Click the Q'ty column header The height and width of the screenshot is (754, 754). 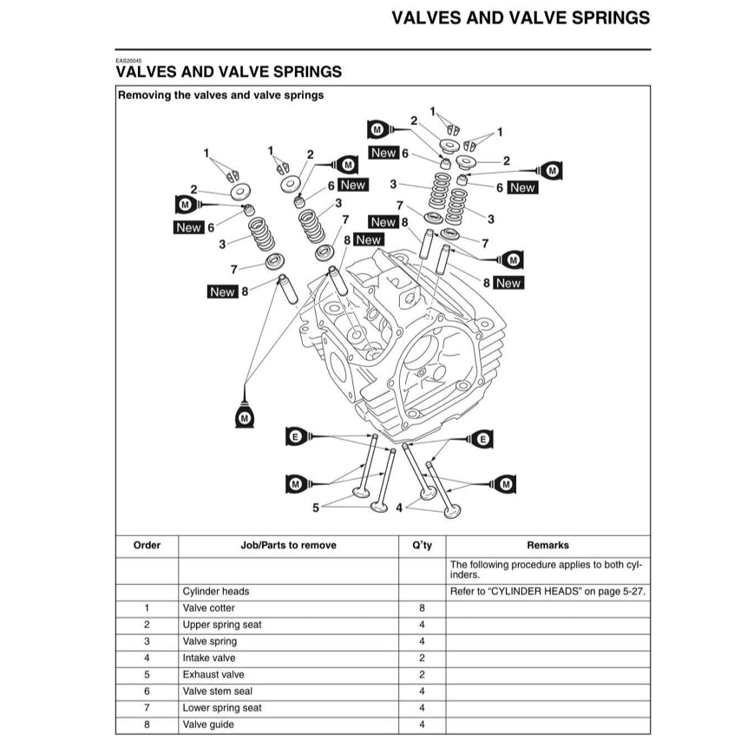pos(422,546)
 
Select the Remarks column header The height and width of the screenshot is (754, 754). pos(547,546)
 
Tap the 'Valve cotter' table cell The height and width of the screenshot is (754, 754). pos(209,608)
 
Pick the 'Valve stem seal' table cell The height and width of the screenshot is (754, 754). pos(218,692)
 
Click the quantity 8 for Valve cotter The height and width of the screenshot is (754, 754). pos(422,608)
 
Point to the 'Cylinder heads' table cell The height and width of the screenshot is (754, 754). pos(216,592)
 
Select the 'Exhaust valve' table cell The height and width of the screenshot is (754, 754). pos(213,674)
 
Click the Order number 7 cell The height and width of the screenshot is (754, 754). pos(147,708)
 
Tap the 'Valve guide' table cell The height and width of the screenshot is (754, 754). pos(208,724)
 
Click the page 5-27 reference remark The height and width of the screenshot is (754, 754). pos(547,592)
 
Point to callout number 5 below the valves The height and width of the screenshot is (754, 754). pos(316,507)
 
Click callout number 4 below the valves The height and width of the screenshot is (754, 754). pos(399,507)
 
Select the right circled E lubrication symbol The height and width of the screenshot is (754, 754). pos(483,441)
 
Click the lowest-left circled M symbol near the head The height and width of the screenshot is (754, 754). pos(245,417)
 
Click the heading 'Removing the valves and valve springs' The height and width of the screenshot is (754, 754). pos(220,95)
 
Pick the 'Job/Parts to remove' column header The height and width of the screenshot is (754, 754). pos(288,546)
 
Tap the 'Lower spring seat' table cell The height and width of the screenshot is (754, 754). pos(222,708)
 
